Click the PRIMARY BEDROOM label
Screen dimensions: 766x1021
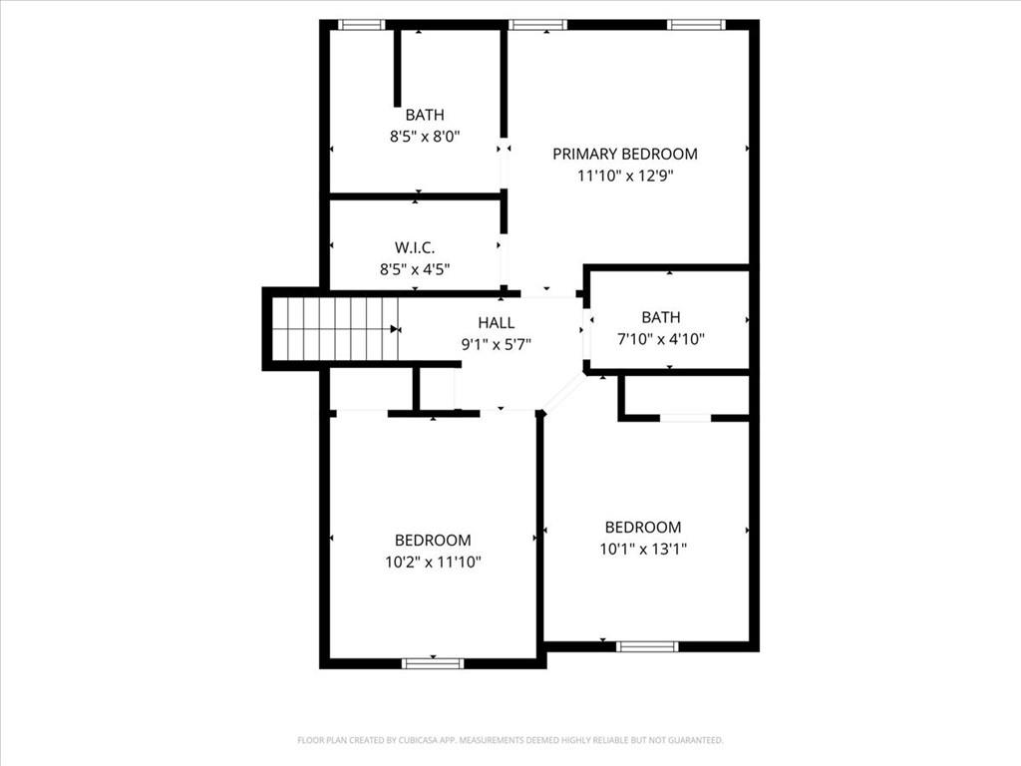[x=625, y=154]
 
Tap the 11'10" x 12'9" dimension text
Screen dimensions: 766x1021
[x=625, y=176]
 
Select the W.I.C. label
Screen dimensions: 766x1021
[x=415, y=247]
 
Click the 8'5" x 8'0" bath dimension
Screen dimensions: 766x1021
[x=425, y=136]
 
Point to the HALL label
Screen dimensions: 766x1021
[x=497, y=323]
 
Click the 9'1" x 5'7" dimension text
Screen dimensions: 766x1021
[x=497, y=344]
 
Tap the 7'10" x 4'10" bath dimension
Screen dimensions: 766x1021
[x=661, y=339]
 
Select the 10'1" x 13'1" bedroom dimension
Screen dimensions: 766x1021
[x=643, y=549]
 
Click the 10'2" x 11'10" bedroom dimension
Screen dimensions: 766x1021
[x=433, y=562]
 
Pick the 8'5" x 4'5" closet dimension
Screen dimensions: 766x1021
[x=415, y=268]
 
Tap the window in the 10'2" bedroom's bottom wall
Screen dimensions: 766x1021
[x=433, y=662]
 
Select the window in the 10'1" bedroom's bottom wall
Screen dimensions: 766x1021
[x=647, y=646]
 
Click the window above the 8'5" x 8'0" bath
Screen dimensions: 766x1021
[x=361, y=25]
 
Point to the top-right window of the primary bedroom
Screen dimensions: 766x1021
[x=695, y=25]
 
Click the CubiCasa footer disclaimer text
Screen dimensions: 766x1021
[x=510, y=740]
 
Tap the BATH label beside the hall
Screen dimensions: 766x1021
[x=661, y=317]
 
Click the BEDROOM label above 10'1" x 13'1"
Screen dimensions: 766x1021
[x=643, y=527]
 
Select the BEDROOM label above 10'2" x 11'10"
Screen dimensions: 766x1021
[x=433, y=540]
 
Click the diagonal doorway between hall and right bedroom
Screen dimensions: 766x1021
[x=564, y=391]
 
